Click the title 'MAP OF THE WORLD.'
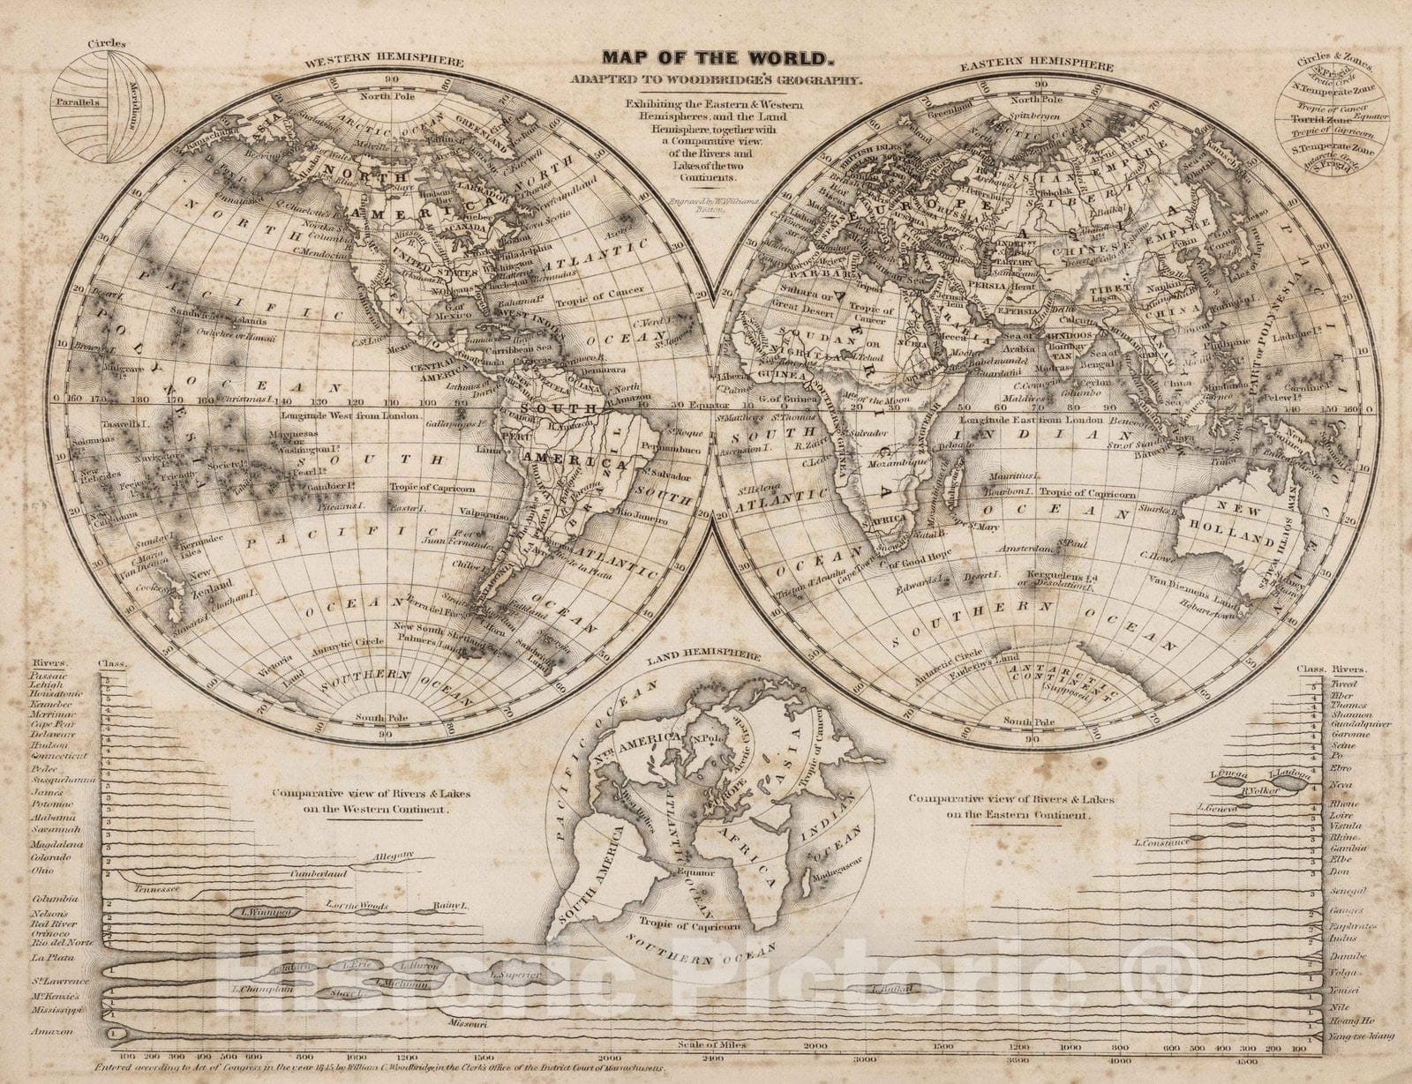pos(716,59)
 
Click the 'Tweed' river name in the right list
pos(1343,684)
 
